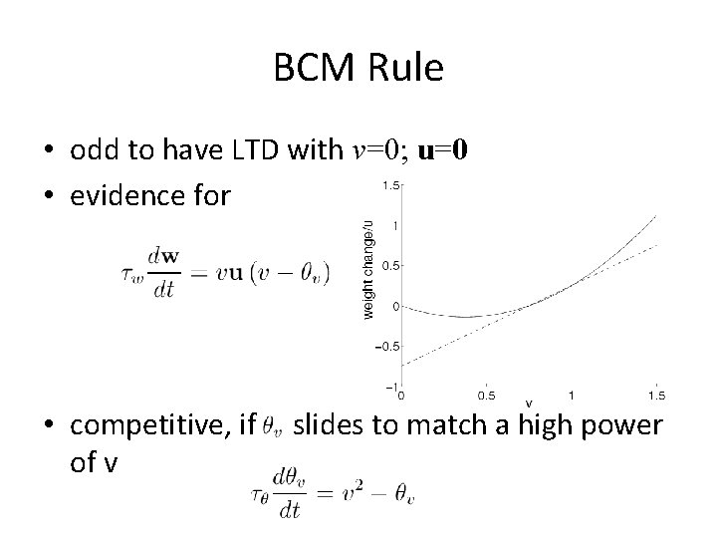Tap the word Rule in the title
407,69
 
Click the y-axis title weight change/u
368,269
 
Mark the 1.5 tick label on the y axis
392,185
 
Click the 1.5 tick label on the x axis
655,395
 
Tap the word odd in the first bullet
93,150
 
